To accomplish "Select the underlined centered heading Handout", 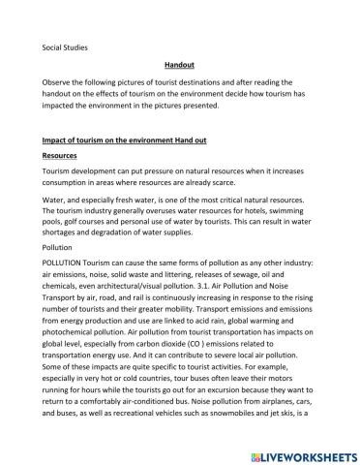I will (x=178, y=66).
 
